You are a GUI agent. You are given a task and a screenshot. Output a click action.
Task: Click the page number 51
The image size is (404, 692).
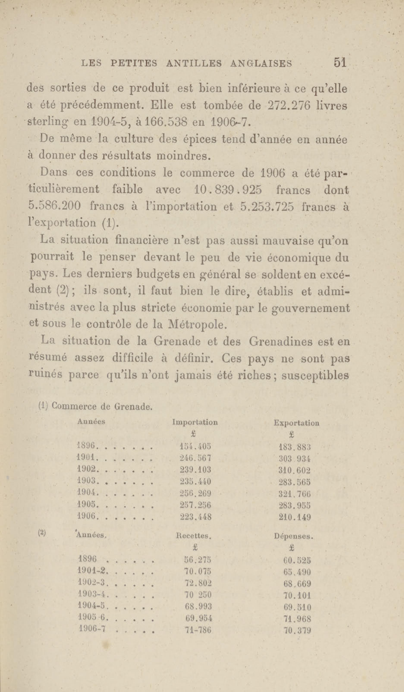pos(340,63)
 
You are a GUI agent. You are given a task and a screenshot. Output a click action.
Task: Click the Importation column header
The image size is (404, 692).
pos(195,422)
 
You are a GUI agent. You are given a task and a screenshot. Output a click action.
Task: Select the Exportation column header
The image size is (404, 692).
pos(296,423)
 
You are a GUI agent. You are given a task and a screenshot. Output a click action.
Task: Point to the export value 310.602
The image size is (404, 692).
pos(294,470)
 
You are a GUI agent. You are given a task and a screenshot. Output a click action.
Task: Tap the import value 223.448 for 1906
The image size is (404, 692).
pos(195,517)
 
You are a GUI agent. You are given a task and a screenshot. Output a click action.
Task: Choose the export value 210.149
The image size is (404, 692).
pos(295,518)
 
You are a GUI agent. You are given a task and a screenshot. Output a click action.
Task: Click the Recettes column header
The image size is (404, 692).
pos(193,536)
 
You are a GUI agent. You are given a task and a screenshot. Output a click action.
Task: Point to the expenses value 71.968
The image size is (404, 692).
pos(297,619)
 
